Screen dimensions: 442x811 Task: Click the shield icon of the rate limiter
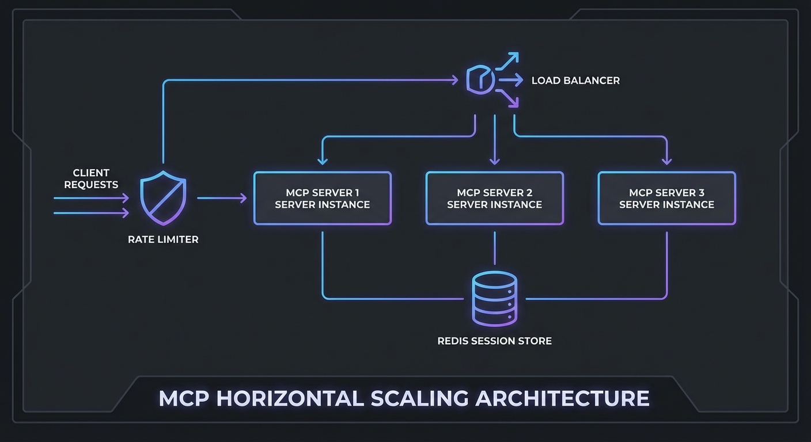point(164,197)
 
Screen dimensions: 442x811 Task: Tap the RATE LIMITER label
point(163,239)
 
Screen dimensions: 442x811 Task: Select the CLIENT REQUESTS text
point(91,178)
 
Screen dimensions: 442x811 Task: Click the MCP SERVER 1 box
point(322,198)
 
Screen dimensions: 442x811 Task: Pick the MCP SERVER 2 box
point(494,198)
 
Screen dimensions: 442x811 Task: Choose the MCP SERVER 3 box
point(666,198)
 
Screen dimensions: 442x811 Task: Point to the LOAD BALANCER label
point(575,81)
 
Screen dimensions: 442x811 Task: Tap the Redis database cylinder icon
point(494,299)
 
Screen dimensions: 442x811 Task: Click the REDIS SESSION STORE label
point(494,341)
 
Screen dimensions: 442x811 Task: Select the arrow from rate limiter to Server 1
point(222,198)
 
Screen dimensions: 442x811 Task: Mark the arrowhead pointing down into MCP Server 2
point(494,161)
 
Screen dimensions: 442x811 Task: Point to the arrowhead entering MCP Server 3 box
point(667,161)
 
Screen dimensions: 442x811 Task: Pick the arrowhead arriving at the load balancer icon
point(455,81)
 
